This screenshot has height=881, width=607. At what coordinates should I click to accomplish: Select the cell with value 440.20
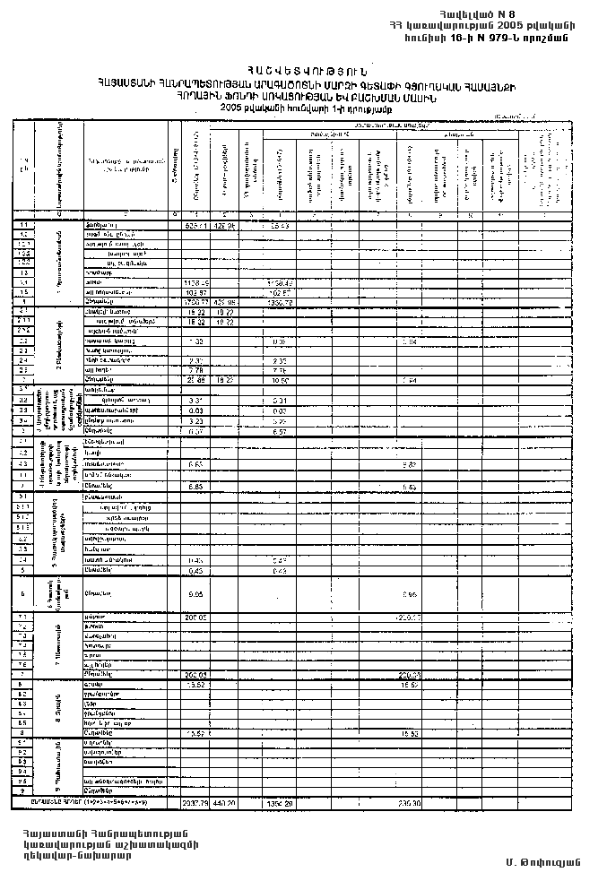[x=224, y=803]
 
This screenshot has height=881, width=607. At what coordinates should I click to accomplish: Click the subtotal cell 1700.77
[x=195, y=301]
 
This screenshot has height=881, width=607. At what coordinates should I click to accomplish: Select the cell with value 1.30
[x=195, y=341]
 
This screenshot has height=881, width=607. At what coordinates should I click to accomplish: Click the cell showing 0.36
[x=279, y=341]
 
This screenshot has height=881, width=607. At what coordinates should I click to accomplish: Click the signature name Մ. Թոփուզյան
[x=543, y=862]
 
